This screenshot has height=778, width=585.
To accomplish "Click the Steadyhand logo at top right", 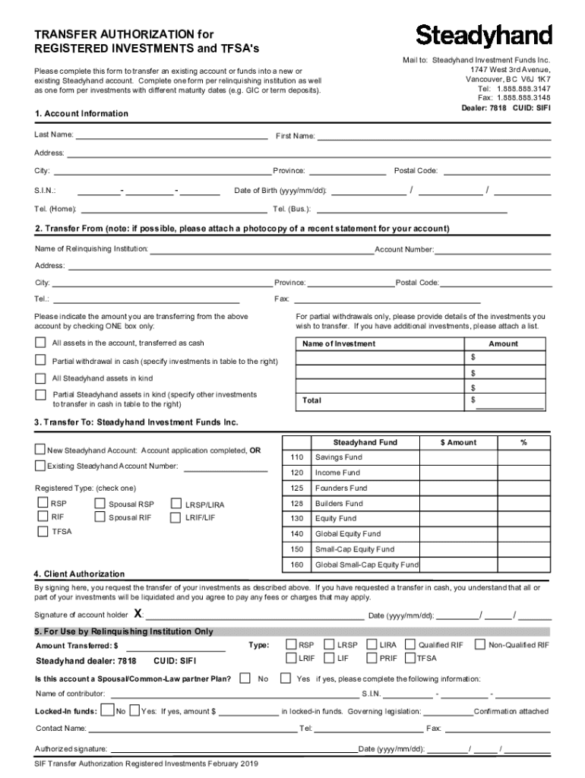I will click(484, 35).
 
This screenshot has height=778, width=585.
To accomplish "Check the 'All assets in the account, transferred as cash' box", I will click(40, 343).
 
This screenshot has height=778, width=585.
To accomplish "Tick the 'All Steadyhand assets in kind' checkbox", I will click(40, 378).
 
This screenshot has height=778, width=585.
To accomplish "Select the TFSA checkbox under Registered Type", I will click(43, 531).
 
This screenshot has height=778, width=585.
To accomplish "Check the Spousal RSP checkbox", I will click(100, 503).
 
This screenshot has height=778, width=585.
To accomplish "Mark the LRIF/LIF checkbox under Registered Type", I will click(177, 517).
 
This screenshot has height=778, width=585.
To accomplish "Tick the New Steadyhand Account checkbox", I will click(40, 450).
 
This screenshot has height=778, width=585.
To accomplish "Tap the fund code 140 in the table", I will click(296, 534).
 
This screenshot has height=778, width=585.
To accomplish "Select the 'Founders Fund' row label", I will click(341, 489).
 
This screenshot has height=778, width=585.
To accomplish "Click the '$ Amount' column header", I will click(458, 442).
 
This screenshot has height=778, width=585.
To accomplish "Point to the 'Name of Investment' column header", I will click(339, 343).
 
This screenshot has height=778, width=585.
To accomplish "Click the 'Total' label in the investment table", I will click(311, 400).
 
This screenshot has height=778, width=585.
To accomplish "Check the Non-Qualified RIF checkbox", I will click(479, 644).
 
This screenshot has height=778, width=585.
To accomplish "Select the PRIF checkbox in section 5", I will click(372, 658).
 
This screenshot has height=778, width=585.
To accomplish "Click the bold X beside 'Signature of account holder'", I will click(138, 614).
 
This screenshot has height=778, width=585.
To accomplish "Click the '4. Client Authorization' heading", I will click(79, 574).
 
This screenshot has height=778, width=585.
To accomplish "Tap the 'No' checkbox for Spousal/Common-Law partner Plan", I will click(245, 678).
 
